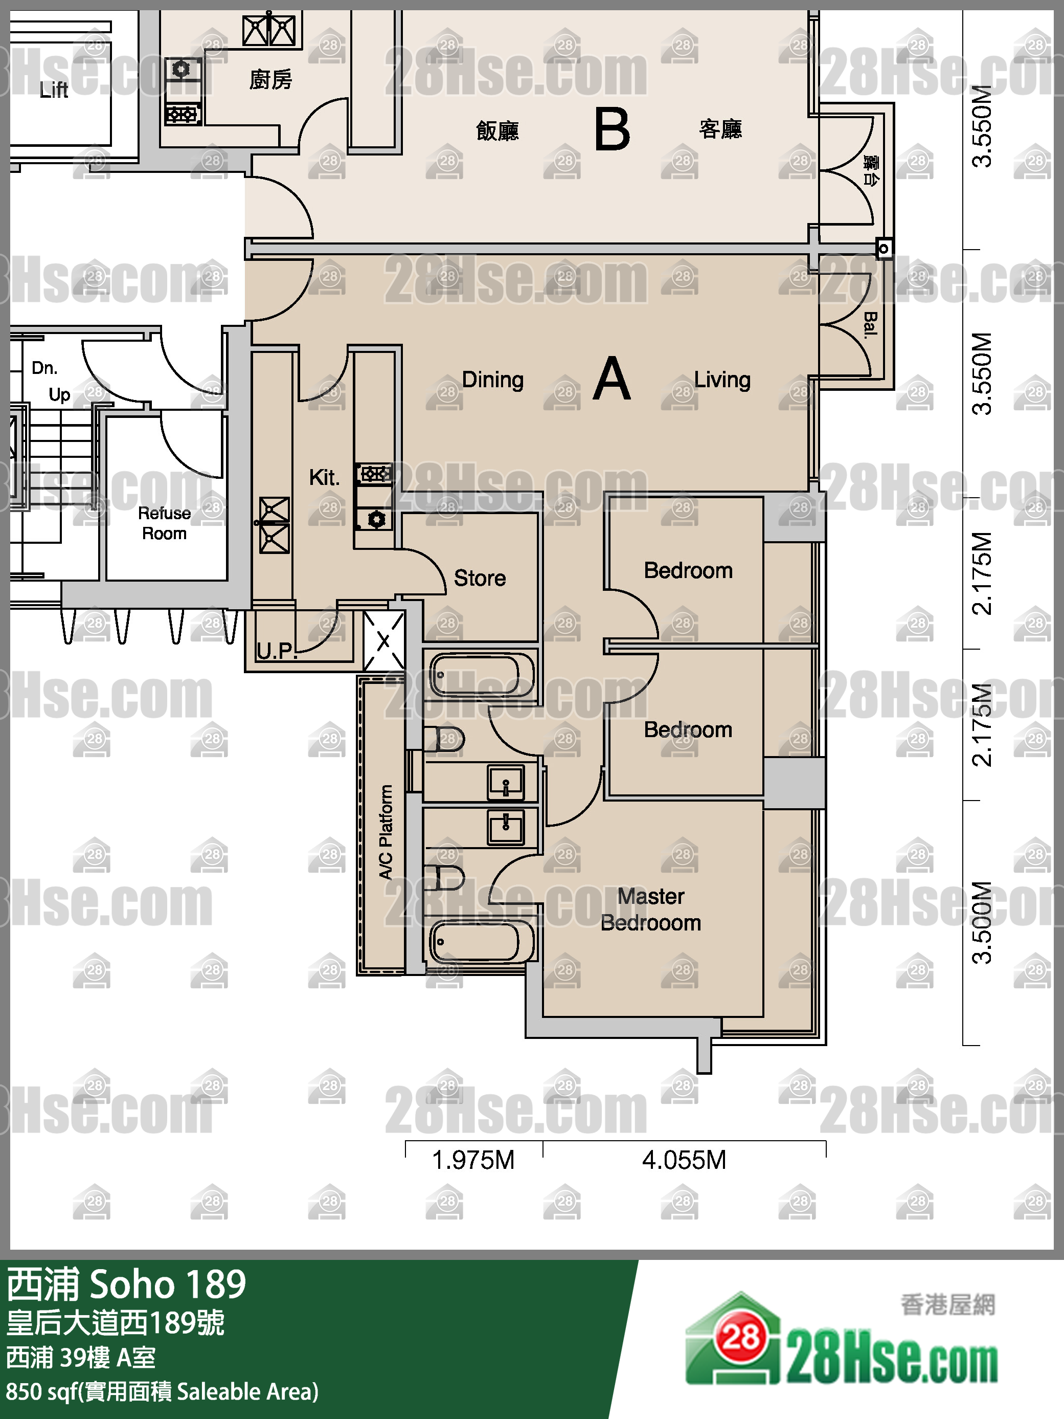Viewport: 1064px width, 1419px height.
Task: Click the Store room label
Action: click(x=480, y=578)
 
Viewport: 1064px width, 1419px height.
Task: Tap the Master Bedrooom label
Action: click(x=651, y=910)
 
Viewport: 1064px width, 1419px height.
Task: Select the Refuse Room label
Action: click(x=164, y=523)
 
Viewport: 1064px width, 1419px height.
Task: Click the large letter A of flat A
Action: click(x=612, y=379)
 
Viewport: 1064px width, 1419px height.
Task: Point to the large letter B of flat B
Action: click(x=612, y=129)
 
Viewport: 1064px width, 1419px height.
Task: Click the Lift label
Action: click(x=54, y=90)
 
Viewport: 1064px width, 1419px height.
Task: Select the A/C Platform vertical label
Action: click(x=386, y=832)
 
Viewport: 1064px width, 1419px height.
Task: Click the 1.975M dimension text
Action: click(x=473, y=1160)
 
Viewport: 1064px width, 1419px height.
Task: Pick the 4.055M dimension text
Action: click(x=684, y=1160)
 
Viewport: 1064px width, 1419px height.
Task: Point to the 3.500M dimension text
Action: click(x=982, y=922)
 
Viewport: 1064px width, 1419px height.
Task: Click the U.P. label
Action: click(x=277, y=651)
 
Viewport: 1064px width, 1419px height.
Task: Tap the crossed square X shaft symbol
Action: click(x=383, y=641)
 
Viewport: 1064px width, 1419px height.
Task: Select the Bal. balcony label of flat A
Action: click(x=870, y=325)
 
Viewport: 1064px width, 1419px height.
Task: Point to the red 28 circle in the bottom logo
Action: click(x=741, y=1338)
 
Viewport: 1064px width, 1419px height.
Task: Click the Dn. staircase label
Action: click(x=45, y=368)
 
